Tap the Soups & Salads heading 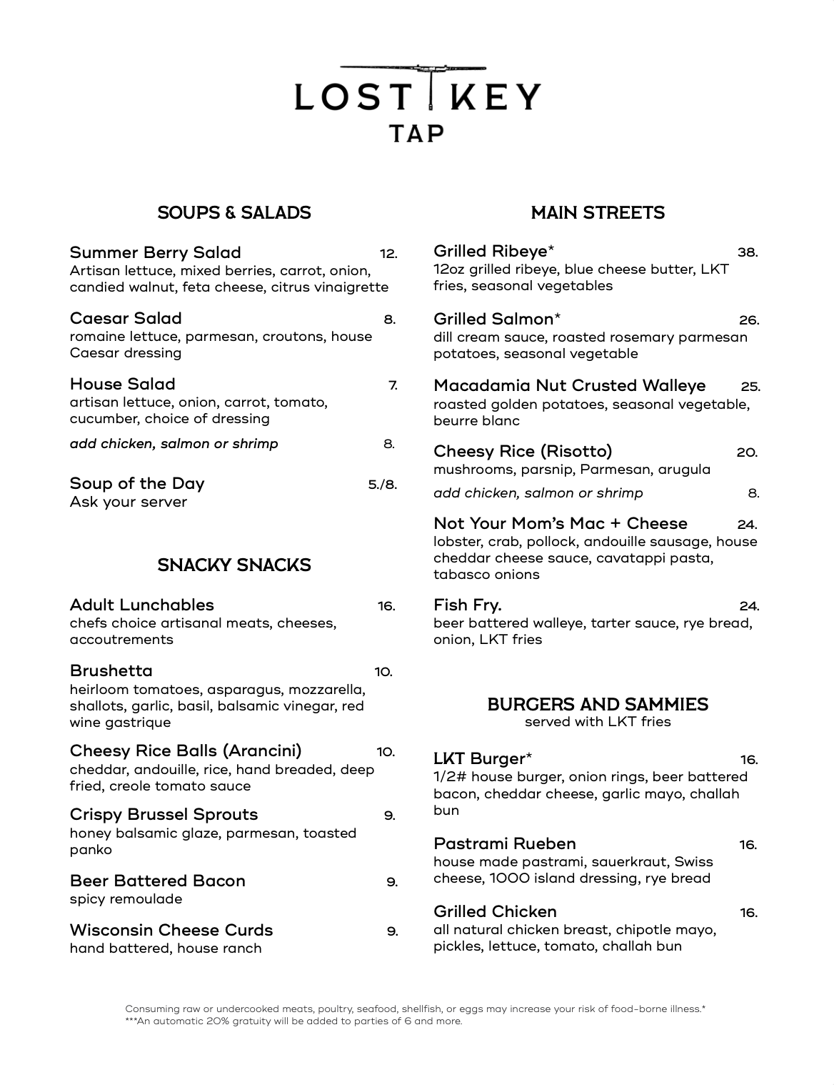point(234,213)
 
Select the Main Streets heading point(598,213)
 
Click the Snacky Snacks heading point(234,565)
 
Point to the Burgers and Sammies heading point(598,705)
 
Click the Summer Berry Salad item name point(156,253)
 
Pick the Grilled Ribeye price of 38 point(747,252)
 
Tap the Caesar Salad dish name point(126,319)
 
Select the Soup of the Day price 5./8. point(382,485)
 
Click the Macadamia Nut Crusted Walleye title point(569,386)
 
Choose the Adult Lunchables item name point(142,605)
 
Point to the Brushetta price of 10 point(383,672)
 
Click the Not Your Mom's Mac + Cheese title point(561,524)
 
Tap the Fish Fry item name point(468,605)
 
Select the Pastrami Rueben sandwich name point(505,844)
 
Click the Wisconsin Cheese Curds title point(171,931)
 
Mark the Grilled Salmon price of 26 point(748,320)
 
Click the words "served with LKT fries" point(598,722)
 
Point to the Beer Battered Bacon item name point(158,881)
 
